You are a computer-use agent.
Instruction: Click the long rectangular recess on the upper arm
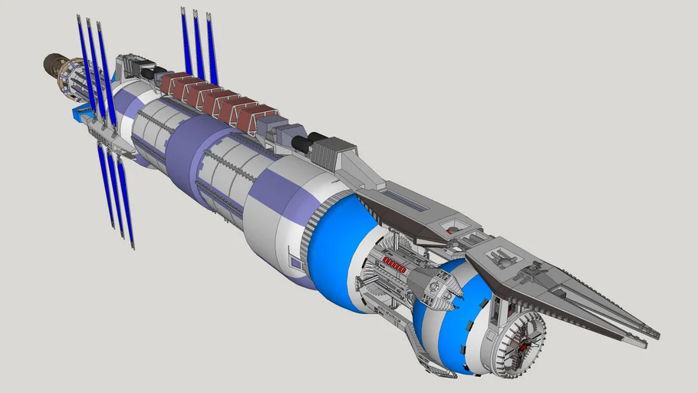407,201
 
